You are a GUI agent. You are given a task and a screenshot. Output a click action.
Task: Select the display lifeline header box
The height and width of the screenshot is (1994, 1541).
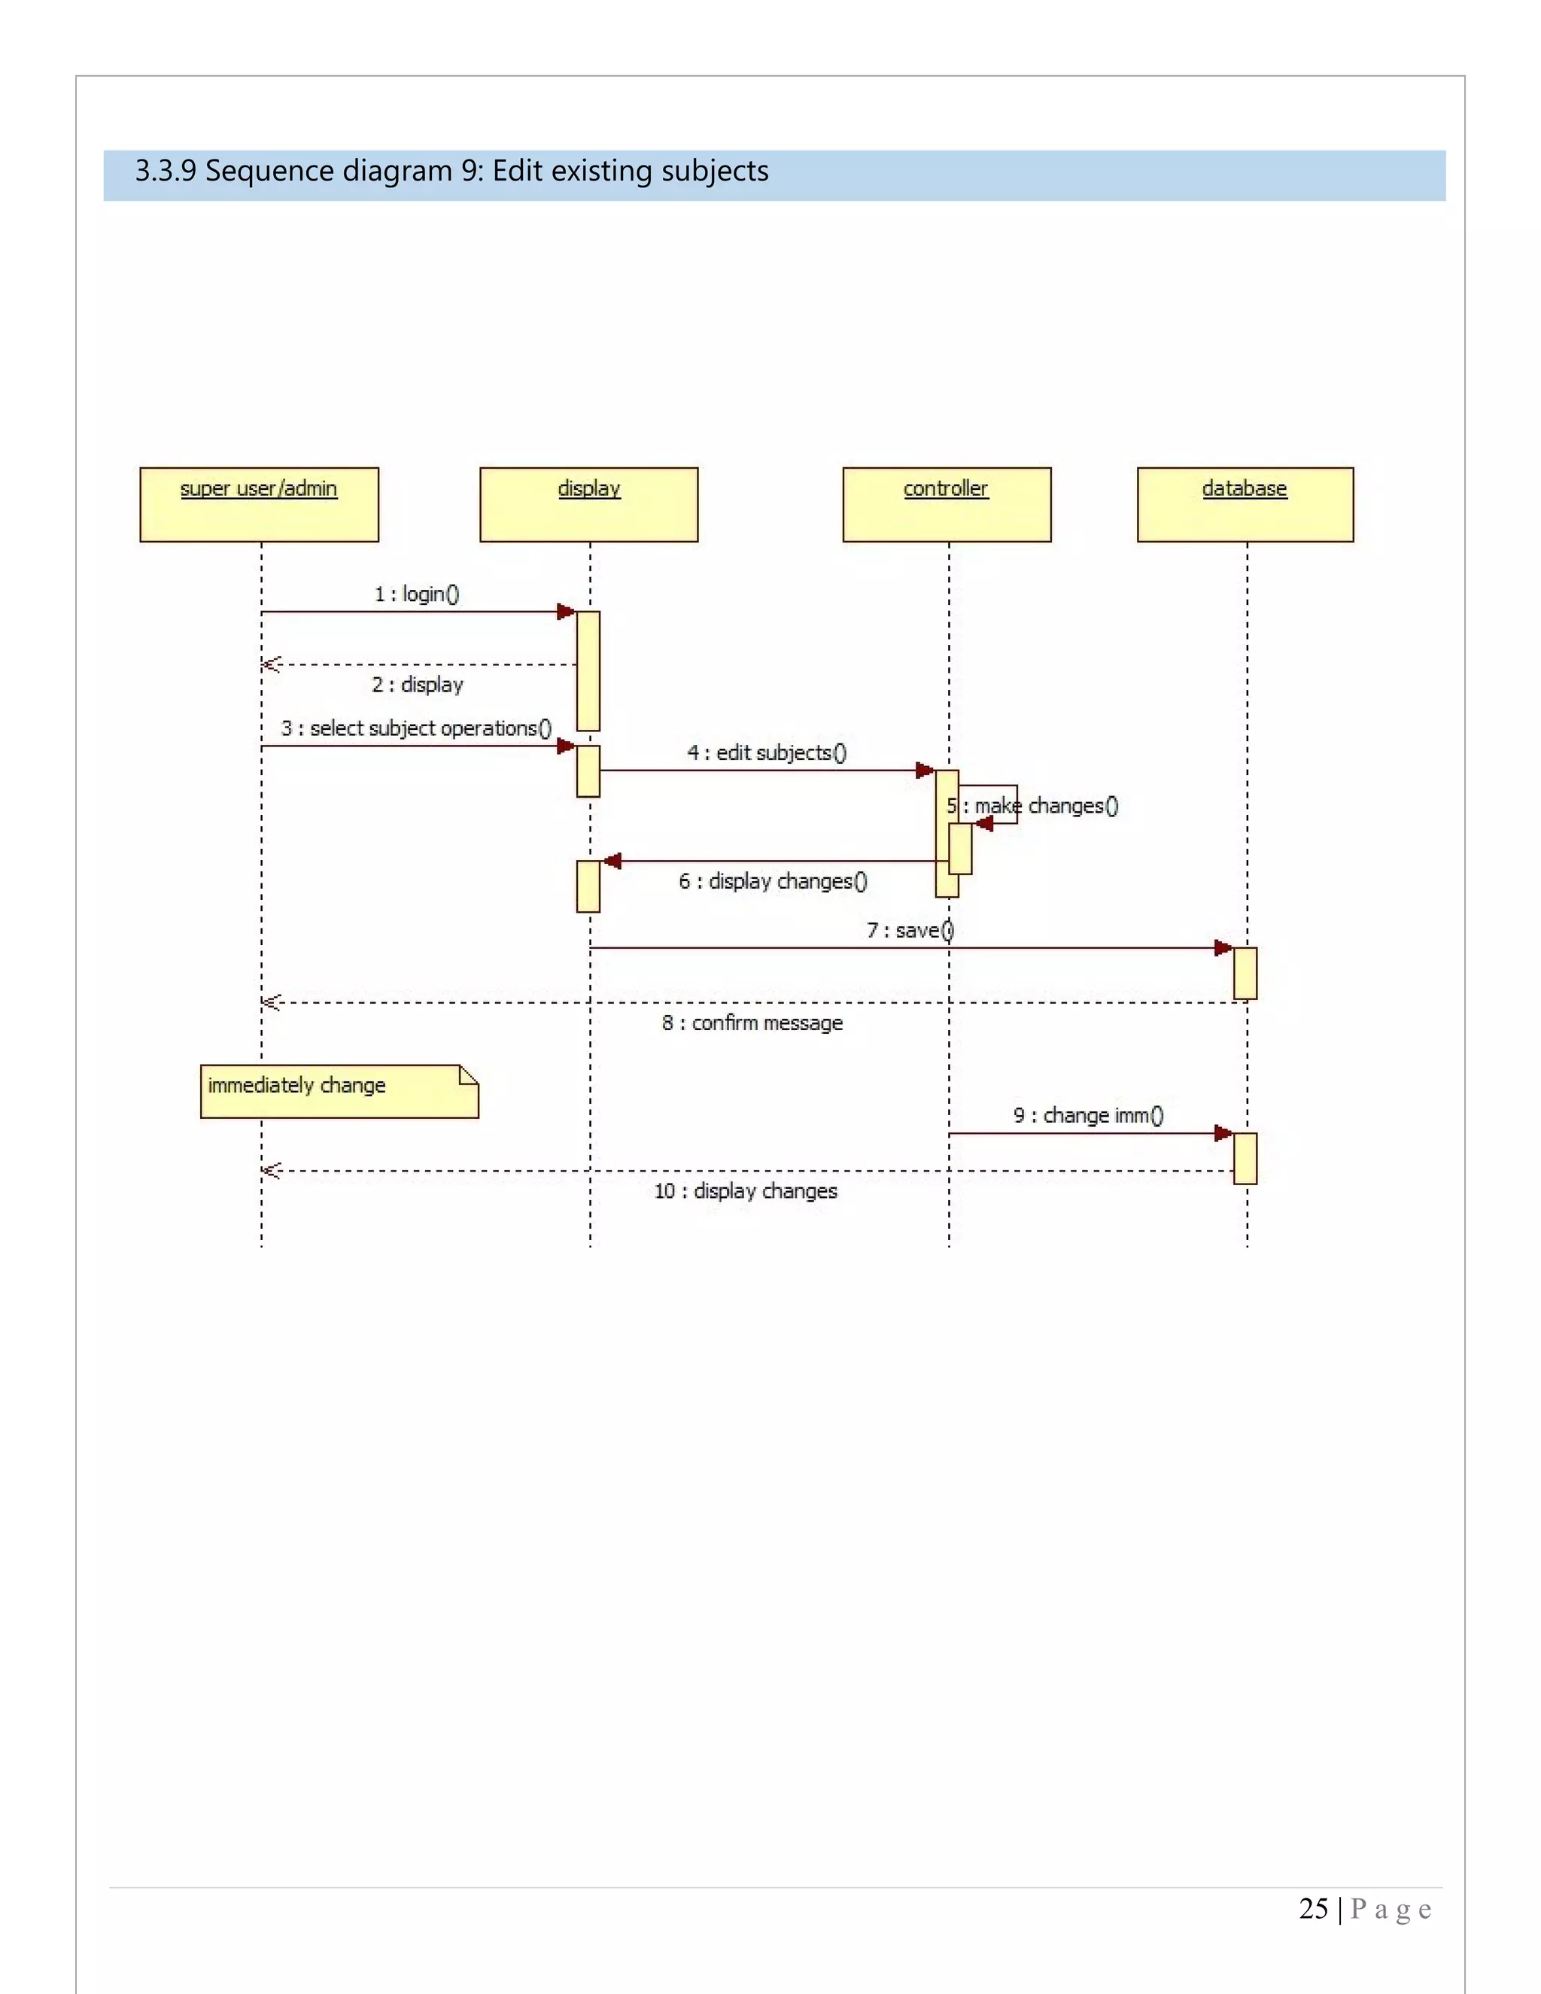(x=589, y=504)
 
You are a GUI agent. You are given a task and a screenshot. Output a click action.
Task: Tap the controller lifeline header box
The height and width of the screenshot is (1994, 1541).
(x=947, y=504)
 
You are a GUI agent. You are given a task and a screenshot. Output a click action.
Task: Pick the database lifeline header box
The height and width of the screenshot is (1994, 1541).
(x=1245, y=504)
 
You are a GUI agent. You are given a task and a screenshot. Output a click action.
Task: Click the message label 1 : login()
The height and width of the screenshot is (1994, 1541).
(x=417, y=594)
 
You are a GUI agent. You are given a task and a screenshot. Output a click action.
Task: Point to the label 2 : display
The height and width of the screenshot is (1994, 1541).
(x=417, y=685)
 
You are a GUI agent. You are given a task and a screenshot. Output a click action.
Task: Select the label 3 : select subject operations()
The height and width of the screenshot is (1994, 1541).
(x=416, y=728)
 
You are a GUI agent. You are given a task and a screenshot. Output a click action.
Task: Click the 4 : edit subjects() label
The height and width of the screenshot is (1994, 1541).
(x=767, y=752)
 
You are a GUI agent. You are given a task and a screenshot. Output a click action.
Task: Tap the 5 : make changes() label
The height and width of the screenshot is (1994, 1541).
(x=1032, y=806)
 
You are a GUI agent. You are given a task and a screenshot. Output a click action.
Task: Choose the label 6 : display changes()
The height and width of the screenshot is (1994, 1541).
(x=772, y=881)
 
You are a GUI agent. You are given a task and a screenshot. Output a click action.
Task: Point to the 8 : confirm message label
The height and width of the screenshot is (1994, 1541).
(x=752, y=1023)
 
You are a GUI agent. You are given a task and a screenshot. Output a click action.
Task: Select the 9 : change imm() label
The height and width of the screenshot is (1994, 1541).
(x=1088, y=1116)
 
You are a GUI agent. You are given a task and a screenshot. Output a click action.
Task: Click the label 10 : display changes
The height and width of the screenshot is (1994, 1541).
(x=746, y=1191)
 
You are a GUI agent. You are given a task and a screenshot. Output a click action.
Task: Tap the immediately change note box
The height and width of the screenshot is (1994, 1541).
(x=339, y=1091)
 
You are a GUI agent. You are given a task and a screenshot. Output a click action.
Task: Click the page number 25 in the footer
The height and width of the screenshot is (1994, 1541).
(x=1313, y=1909)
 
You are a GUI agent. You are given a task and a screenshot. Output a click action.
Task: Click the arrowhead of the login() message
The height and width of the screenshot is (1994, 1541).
(x=566, y=612)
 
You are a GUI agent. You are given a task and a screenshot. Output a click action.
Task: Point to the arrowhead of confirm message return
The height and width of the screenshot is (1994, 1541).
(x=271, y=1002)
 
